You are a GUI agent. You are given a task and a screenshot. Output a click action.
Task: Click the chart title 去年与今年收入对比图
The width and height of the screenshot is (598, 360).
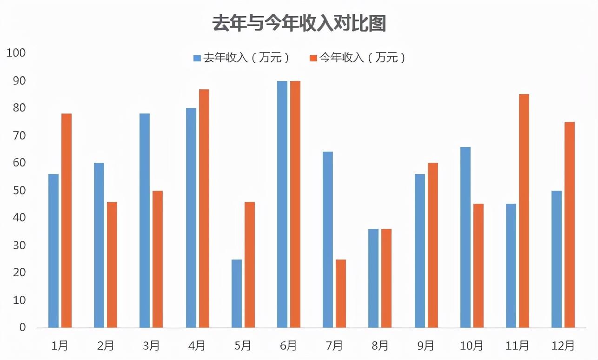pyautogui.click(x=299, y=23)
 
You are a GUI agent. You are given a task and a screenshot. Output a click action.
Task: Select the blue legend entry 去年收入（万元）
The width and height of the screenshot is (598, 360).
pyautogui.click(x=242, y=58)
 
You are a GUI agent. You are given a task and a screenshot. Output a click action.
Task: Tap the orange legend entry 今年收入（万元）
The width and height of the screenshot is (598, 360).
pyautogui.click(x=358, y=58)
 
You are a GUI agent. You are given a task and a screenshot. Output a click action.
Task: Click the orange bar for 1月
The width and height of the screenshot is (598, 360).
pyautogui.click(x=66, y=220)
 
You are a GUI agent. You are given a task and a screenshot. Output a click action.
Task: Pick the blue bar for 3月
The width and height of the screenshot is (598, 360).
pyautogui.click(x=145, y=220)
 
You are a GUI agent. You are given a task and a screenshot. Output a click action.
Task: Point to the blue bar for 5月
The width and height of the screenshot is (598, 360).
pyautogui.click(x=237, y=293)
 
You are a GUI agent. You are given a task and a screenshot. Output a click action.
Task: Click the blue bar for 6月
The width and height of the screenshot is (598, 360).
pyautogui.click(x=282, y=204)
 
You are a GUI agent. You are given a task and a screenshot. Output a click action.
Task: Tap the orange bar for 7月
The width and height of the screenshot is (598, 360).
pyautogui.click(x=341, y=293)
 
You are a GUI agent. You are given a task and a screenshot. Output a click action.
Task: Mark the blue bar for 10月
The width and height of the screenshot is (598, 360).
pyautogui.click(x=465, y=237)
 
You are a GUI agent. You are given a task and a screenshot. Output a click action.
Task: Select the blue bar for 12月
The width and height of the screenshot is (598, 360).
pyautogui.click(x=557, y=259)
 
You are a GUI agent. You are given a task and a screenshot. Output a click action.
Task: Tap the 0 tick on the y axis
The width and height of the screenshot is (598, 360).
pyautogui.click(x=22, y=327)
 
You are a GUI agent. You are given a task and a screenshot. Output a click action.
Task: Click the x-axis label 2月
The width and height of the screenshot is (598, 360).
pyautogui.click(x=106, y=346)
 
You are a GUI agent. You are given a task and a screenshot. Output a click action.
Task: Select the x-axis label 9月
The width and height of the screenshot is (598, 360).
pyautogui.click(x=426, y=346)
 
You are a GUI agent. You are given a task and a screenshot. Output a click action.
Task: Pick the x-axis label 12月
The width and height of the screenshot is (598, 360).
pyautogui.click(x=563, y=346)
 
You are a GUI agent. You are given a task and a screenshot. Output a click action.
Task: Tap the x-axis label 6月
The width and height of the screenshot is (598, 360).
pyautogui.click(x=289, y=346)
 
